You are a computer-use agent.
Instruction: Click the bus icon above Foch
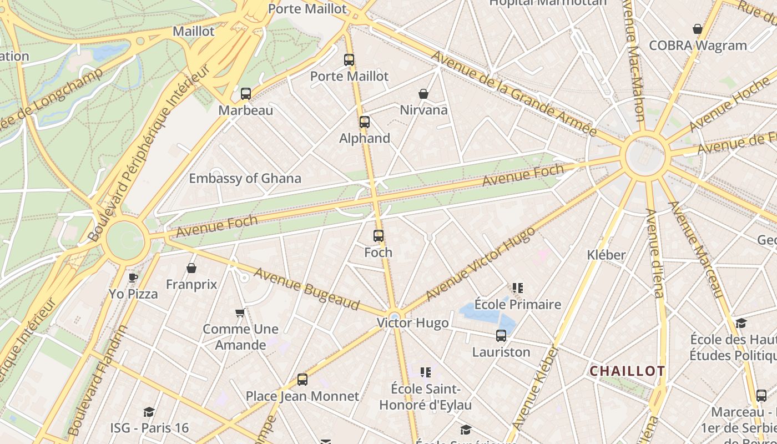pos(379,236)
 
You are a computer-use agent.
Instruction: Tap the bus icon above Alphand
pos(365,122)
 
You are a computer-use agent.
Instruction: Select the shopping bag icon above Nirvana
pos(423,94)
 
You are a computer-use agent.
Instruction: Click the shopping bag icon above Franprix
pos(191,269)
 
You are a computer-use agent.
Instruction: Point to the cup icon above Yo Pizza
pos(133,277)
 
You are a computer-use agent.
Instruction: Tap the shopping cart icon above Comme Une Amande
pos(240,313)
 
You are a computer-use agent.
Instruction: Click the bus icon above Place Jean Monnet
pos(302,380)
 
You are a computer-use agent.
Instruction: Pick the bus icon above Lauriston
pos(501,336)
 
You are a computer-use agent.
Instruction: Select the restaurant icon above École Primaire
pos(518,288)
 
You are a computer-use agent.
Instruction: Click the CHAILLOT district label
pos(627,371)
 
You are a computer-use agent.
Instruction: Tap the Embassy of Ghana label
pos(245,179)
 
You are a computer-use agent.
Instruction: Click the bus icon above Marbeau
pos(246,94)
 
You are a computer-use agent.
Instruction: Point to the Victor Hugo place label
pos(412,323)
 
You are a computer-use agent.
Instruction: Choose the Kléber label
pos(607,255)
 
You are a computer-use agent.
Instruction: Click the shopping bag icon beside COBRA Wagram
pos(698,29)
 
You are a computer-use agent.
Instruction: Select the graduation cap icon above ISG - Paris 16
pos(149,412)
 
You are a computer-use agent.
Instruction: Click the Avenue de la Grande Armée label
pos(513,93)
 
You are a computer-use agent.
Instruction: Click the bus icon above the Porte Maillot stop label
pos(349,60)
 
